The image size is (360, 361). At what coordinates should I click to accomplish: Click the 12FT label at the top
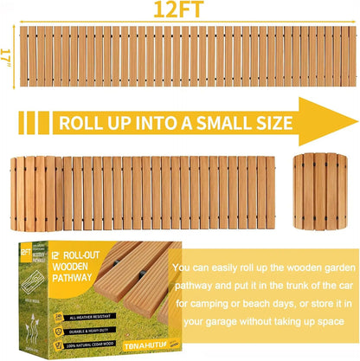pos(181,10)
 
